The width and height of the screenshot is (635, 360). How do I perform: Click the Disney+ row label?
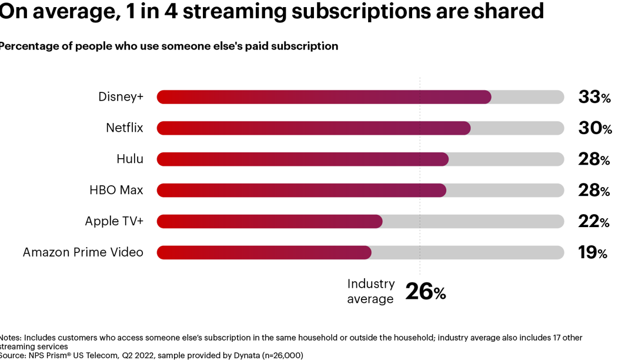click(121, 97)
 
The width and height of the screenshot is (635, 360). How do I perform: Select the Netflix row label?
click(124, 128)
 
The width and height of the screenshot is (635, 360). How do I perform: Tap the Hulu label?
click(130, 159)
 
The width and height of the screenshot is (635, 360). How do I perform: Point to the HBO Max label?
click(116, 190)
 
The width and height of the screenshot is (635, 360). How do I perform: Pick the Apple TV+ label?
click(113, 221)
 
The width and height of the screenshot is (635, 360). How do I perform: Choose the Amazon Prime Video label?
click(83, 252)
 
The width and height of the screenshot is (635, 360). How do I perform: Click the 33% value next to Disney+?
click(594, 97)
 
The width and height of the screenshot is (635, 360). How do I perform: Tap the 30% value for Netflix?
click(594, 128)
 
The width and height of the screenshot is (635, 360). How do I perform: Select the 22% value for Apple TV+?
click(593, 221)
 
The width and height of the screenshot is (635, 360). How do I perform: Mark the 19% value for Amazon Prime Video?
click(592, 252)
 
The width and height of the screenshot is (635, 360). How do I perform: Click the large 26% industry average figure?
click(425, 292)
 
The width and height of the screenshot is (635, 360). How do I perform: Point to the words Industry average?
click(370, 291)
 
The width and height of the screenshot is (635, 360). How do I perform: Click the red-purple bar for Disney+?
click(323, 97)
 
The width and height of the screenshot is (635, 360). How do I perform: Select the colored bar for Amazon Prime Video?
click(264, 252)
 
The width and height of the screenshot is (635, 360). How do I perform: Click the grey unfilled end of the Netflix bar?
click(517, 128)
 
